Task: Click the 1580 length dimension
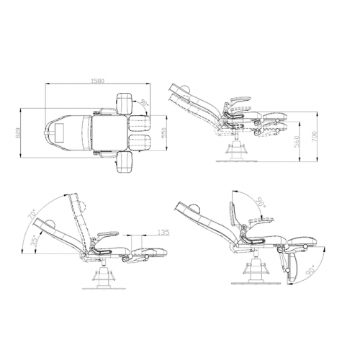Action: [91, 81]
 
